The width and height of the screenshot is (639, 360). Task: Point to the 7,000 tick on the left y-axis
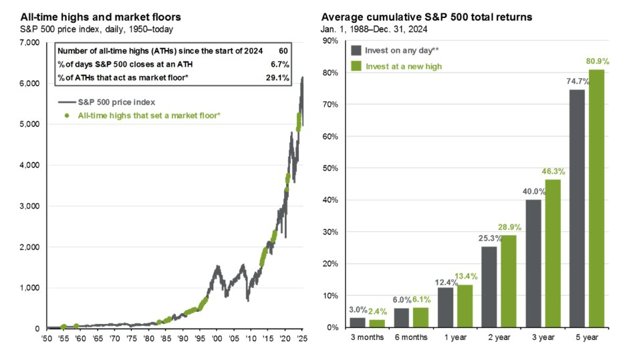(x=30, y=43)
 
